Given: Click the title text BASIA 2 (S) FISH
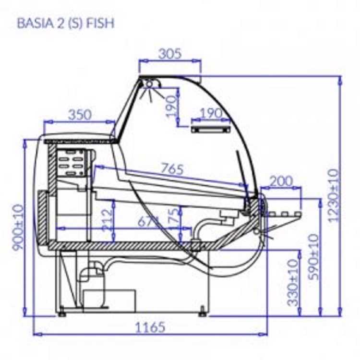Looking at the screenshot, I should click(66, 23).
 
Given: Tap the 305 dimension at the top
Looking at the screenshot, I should click(170, 53).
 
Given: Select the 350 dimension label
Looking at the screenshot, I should click(79, 115).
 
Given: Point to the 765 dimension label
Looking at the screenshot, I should click(172, 169).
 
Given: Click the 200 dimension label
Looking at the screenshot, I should click(281, 181).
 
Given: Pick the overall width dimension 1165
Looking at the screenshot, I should click(150, 327).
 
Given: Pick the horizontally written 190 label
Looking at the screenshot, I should click(210, 114).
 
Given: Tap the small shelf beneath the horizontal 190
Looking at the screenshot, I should click(210, 129).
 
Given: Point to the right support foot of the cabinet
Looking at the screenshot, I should click(203, 313).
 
